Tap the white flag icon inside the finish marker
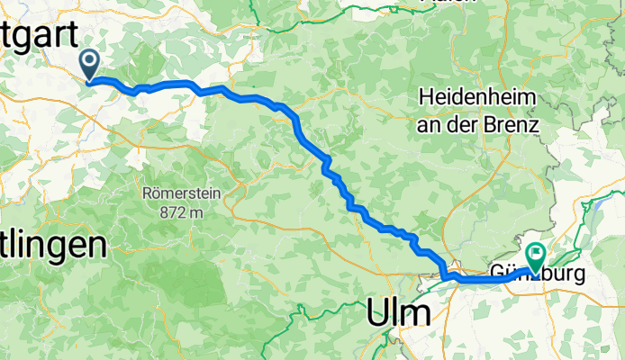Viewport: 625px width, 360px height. pyautogui.click(x=538, y=253)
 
